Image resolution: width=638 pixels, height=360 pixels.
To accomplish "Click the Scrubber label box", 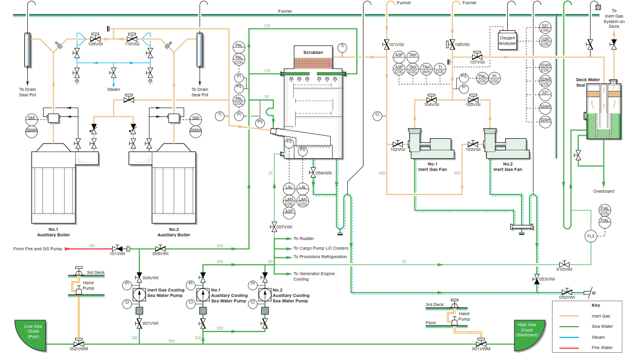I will click(x=313, y=53).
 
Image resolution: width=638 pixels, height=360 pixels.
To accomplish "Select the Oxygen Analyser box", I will click(x=507, y=41).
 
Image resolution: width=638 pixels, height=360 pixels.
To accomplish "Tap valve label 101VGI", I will click(x=396, y=45).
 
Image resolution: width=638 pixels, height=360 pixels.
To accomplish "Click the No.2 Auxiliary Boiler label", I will click(x=174, y=232).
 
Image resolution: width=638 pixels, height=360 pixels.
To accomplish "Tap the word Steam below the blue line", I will click(x=113, y=89).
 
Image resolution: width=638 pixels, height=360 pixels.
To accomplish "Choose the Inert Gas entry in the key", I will click(x=600, y=316).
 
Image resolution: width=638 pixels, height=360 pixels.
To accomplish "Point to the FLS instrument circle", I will click(x=591, y=236).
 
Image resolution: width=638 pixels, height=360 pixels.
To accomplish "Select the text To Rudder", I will click(x=304, y=239).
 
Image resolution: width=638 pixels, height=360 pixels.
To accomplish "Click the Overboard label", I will click(x=603, y=192).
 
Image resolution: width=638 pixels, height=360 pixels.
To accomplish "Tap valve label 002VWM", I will click(x=78, y=349).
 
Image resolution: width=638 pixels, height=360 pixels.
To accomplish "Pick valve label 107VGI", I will click(x=477, y=61).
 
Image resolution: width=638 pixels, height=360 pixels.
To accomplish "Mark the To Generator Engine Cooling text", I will click(x=314, y=276).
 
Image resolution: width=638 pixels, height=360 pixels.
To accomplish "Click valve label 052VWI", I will click(x=567, y=298).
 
